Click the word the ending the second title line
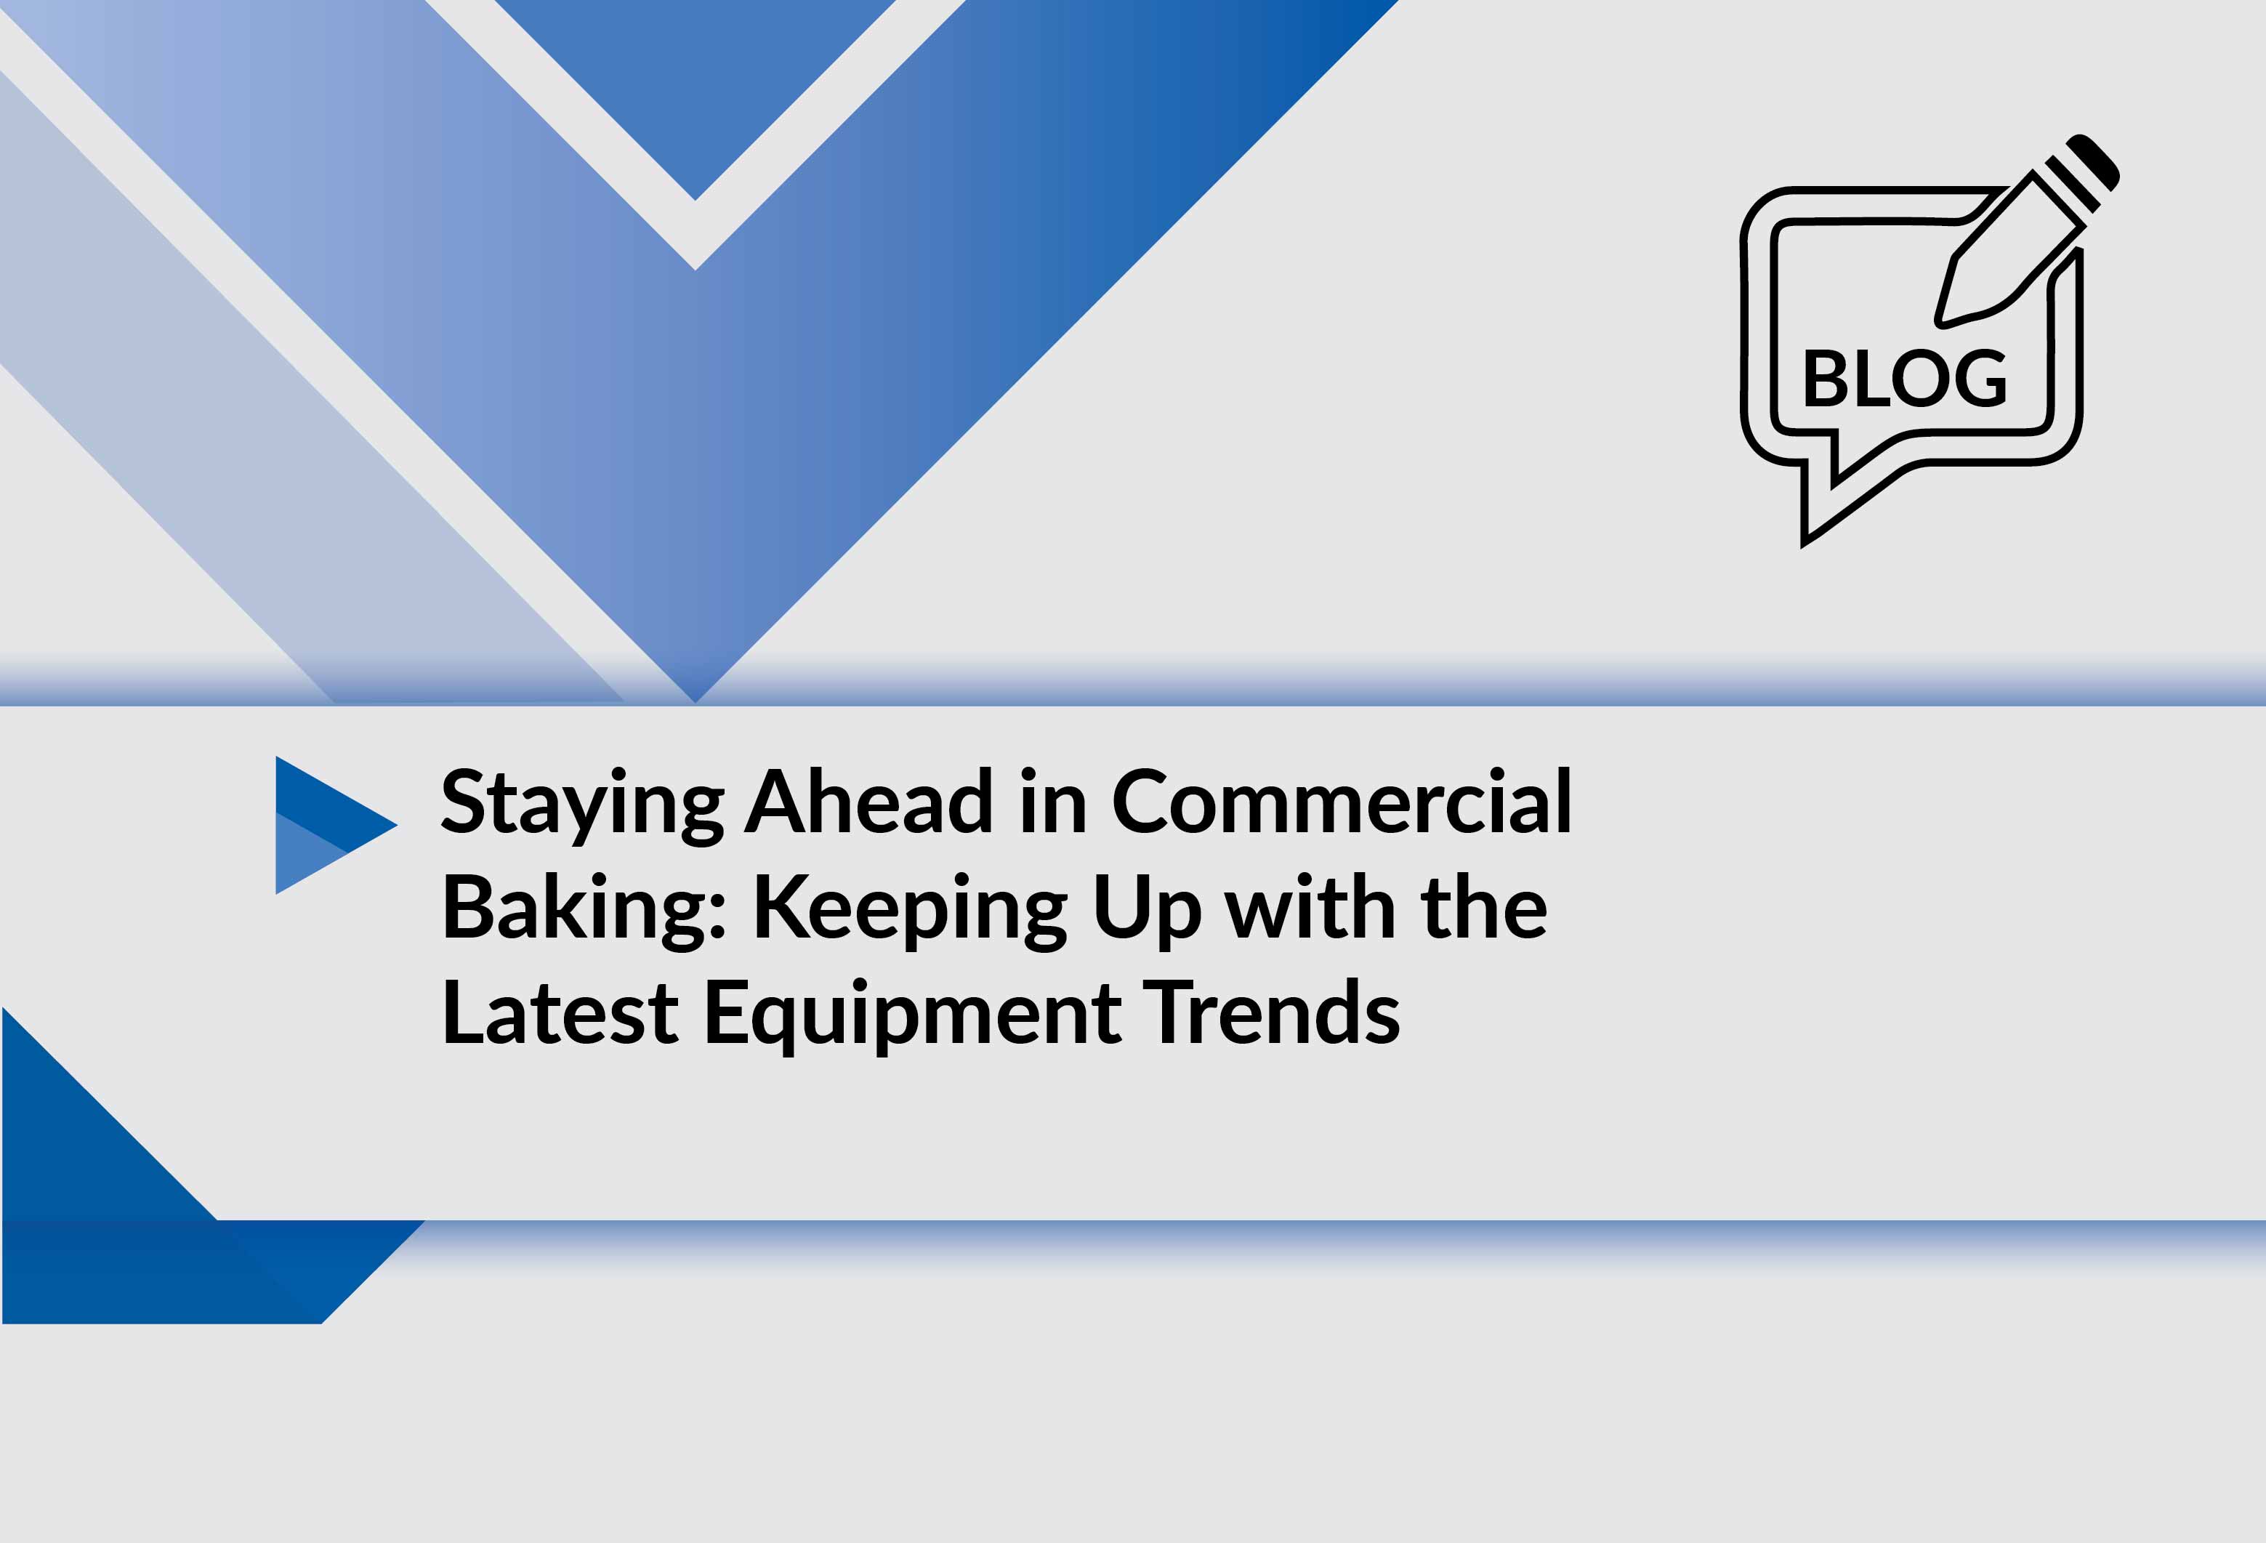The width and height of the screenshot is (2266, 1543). tap(1484, 906)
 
